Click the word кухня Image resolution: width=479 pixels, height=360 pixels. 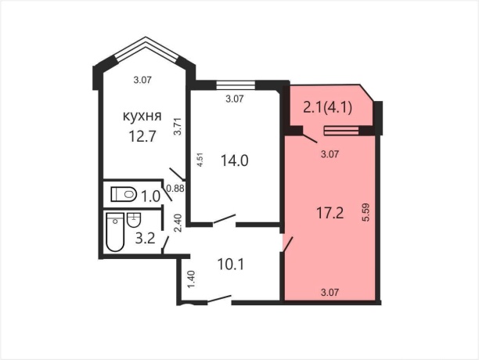[142, 117]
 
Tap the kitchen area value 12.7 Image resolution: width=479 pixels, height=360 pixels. [142, 136]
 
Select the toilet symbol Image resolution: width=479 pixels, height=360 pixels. [124, 194]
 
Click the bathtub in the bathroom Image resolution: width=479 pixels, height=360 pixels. [115, 232]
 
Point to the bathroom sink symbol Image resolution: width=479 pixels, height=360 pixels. [134, 220]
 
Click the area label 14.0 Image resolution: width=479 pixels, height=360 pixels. [234, 160]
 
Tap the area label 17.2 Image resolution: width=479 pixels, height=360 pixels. [330, 213]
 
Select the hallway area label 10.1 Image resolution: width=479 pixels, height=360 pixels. [231, 264]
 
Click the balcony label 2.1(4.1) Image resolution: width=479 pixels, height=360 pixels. [327, 107]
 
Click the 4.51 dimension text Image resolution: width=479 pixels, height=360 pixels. [200, 160]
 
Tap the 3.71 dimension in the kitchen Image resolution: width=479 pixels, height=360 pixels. [178, 127]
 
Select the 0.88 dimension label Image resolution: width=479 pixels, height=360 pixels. [176, 189]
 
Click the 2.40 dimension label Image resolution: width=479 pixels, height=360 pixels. [178, 223]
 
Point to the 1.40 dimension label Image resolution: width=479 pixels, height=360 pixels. [192, 279]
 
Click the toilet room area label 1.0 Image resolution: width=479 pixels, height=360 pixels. [150, 196]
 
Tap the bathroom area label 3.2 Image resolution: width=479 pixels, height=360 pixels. [146, 239]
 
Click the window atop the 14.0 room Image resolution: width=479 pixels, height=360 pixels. [236, 85]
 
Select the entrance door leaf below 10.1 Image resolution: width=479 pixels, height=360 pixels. [219, 299]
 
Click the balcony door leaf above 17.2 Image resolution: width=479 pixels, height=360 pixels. [310, 138]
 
